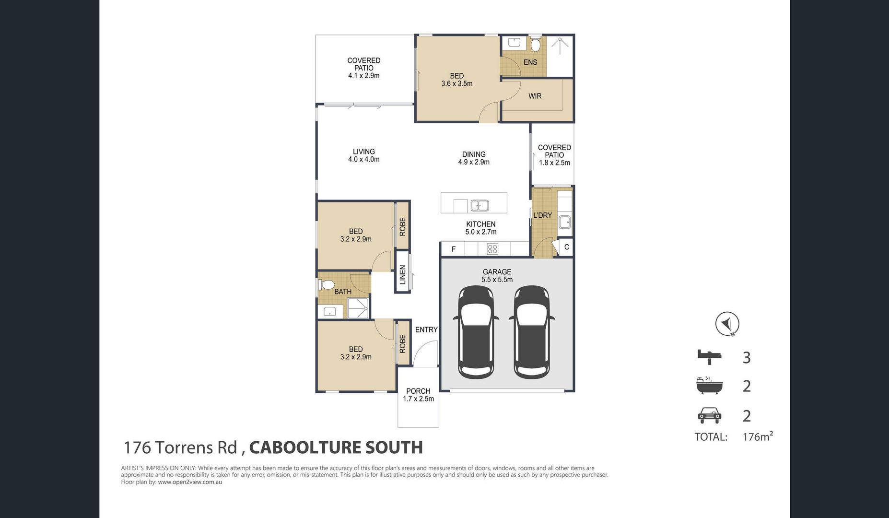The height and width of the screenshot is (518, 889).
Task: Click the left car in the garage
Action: coord(476,332)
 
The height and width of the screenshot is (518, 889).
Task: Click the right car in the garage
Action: coord(531,332)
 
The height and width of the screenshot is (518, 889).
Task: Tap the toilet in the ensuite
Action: coord(536,45)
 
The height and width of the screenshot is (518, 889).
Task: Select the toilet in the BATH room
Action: coord(326,285)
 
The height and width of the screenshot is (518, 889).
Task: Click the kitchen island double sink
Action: coord(480,206)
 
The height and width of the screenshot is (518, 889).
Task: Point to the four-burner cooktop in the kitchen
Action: coord(492,249)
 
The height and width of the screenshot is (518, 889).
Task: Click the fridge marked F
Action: coord(454,249)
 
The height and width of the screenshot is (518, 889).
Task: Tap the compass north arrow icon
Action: coord(727,324)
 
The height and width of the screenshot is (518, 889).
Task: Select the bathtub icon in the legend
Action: coord(709,386)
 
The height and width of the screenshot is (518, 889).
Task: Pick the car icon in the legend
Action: coord(709,415)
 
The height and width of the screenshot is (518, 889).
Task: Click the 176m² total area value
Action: coord(758,436)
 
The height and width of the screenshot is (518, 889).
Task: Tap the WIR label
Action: coord(535,96)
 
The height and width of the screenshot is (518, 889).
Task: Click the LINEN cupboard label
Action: coord(403,275)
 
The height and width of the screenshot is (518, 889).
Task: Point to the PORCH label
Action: coord(418,391)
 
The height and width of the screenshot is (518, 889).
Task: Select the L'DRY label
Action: coord(543,215)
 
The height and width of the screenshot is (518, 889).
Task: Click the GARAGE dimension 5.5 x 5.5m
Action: coord(497,279)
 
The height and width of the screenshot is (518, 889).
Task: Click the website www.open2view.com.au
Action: coord(190,482)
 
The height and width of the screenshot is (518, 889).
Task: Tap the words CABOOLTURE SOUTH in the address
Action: coord(336,447)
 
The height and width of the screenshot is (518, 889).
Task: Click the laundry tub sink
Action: coord(565,223)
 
